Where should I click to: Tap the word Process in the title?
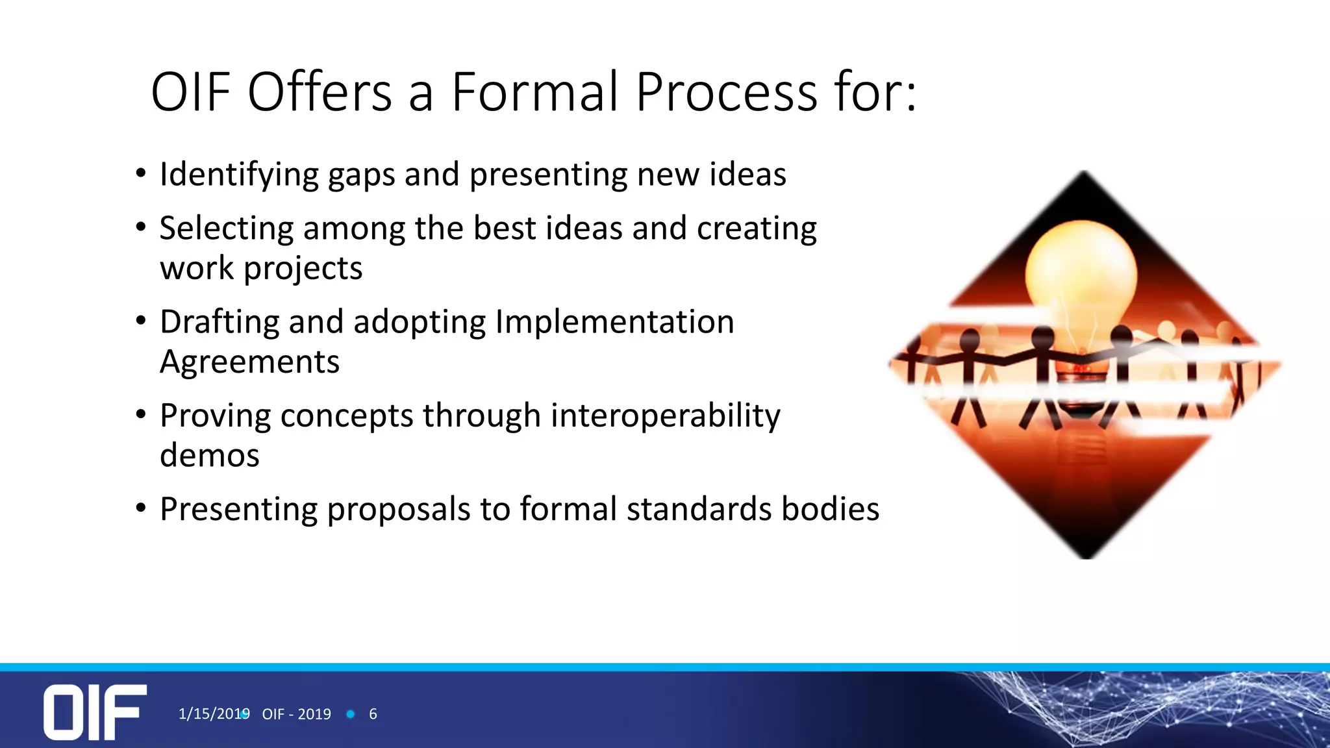pyautogui.click(x=725, y=92)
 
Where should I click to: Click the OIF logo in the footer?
pyautogui.click(x=95, y=712)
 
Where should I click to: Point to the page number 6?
pyautogui.click(x=373, y=714)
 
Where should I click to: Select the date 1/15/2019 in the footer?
pyautogui.click(x=213, y=714)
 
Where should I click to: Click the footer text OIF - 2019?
pyautogui.click(x=296, y=714)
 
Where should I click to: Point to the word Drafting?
pyautogui.click(x=219, y=322)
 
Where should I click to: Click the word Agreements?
pyautogui.click(x=249, y=362)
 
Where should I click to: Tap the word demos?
pyautogui.click(x=209, y=456)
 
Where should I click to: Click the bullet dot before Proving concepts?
pyautogui.click(x=141, y=414)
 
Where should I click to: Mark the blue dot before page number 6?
pyautogui.click(x=351, y=714)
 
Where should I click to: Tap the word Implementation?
pyautogui.click(x=614, y=322)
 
